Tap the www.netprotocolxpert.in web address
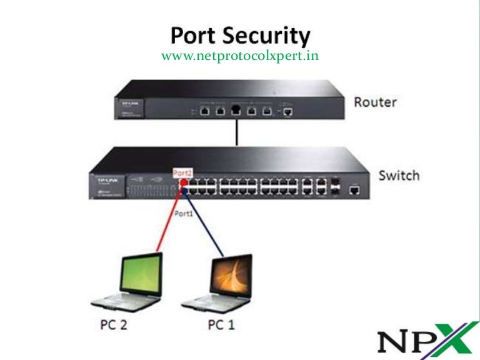tap(240, 56)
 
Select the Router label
tap(375, 101)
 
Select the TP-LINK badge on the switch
tap(102, 177)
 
